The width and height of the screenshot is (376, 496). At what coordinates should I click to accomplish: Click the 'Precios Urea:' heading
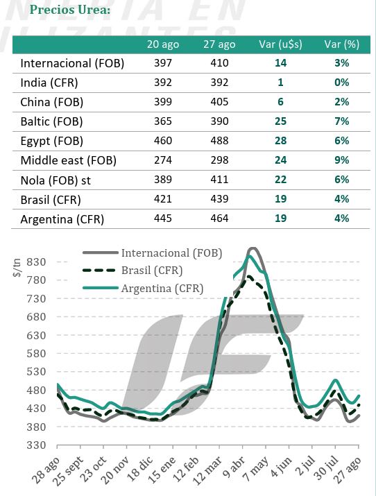tap(70, 10)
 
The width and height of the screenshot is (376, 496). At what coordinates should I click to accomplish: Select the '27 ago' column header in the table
tap(219, 44)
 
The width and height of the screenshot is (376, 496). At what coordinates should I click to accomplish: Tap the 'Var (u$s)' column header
tap(280, 44)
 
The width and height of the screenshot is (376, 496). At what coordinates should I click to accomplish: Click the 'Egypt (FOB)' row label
tap(51, 141)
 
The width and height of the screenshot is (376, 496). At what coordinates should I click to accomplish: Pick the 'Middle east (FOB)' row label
tap(68, 160)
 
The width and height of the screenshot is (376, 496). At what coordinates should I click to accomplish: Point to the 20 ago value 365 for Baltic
tap(163, 121)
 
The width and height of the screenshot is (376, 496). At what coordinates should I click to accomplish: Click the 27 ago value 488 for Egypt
tap(219, 141)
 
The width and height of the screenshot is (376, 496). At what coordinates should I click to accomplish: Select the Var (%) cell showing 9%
tap(342, 160)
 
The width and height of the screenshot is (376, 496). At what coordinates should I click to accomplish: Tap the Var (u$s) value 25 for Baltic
tap(280, 121)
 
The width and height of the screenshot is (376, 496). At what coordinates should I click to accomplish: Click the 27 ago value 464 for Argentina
tap(219, 219)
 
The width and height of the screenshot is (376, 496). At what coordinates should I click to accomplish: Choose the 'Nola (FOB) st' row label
tap(55, 180)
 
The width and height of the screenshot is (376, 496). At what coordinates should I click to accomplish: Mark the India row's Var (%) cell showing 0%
tap(342, 83)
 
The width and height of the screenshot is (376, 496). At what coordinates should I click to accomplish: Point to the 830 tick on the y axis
tap(36, 262)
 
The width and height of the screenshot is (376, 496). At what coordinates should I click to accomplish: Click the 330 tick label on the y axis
tap(36, 445)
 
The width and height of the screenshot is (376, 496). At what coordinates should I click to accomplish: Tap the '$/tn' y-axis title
tap(17, 268)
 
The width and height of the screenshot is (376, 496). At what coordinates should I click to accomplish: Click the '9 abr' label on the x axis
tap(233, 468)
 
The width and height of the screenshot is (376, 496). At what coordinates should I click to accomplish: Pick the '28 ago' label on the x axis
tap(46, 470)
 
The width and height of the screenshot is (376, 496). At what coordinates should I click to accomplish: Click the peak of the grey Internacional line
tap(253, 248)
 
